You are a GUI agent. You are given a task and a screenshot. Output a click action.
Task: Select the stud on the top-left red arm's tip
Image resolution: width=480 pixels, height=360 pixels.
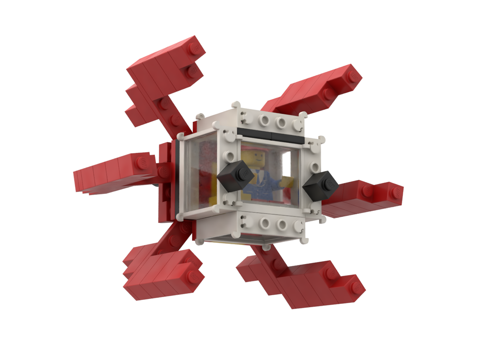tap(194, 48)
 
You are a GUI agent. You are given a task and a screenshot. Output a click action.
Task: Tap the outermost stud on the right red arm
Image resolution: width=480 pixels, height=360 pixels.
tap(395, 193)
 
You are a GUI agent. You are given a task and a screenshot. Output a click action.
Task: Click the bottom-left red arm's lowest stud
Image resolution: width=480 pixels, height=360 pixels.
tap(194, 276)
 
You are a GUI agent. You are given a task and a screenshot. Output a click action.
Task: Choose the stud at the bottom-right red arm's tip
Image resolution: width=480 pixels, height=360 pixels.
tap(356, 287)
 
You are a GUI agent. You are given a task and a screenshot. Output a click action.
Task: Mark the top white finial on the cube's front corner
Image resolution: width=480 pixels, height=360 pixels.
tap(235, 105)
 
